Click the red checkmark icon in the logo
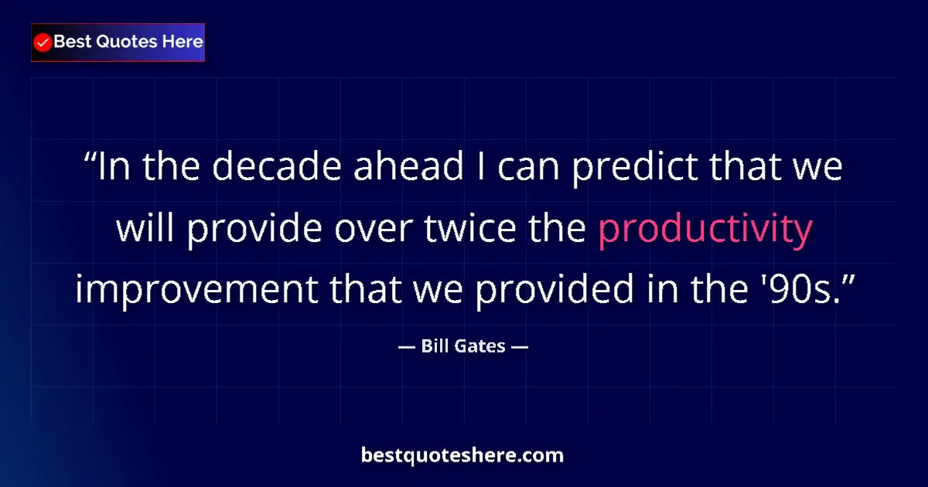click(43, 43)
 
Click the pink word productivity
click(705, 228)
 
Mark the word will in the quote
click(145, 228)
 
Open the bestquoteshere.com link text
click(462, 455)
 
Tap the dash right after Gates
click(520, 346)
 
